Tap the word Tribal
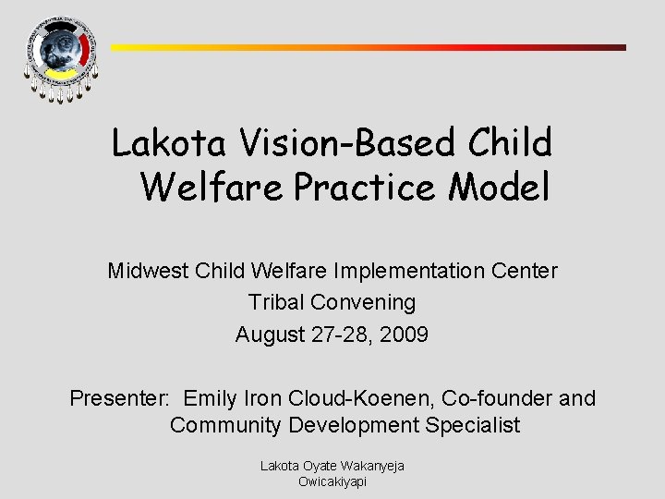(x=278, y=302)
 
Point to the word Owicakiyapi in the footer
(x=332, y=481)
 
